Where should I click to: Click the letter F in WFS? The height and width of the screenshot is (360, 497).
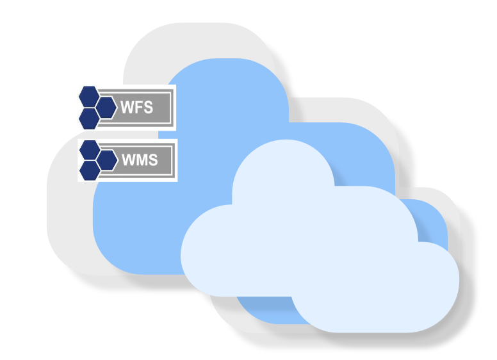tap(138, 107)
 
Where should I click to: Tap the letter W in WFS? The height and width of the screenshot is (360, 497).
tap(127, 107)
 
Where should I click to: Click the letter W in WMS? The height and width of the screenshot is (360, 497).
tap(128, 160)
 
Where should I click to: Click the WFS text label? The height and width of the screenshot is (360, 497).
tap(137, 107)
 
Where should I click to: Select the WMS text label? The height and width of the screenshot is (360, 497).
tap(140, 160)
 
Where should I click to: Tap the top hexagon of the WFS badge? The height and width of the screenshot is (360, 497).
tap(89, 96)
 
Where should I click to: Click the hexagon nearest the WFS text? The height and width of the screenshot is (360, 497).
tap(106, 107)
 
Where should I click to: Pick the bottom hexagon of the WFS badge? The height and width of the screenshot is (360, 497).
tap(89, 119)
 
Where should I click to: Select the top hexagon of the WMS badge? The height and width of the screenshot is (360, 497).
tap(90, 149)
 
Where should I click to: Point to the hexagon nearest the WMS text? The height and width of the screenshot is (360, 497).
tap(107, 160)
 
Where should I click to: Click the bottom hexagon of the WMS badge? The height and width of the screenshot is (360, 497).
tap(90, 170)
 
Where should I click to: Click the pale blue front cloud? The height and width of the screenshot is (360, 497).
tap(320, 256)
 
